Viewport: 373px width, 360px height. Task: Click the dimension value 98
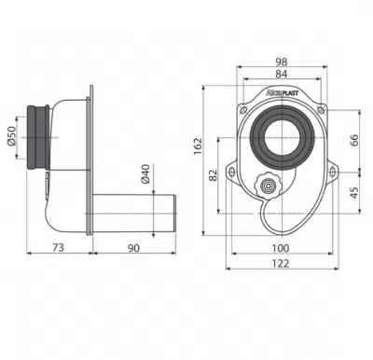(282, 62)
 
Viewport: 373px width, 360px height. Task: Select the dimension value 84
(282, 74)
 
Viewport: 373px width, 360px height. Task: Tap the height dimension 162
(198, 146)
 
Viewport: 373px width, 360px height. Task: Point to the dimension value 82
(214, 175)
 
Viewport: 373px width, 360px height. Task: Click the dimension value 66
(354, 140)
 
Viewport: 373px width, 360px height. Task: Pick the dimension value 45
(354, 193)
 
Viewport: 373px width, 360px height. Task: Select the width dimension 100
(281, 248)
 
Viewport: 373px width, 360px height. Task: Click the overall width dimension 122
(281, 263)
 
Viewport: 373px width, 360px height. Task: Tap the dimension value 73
(58, 247)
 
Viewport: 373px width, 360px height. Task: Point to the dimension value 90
(133, 248)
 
